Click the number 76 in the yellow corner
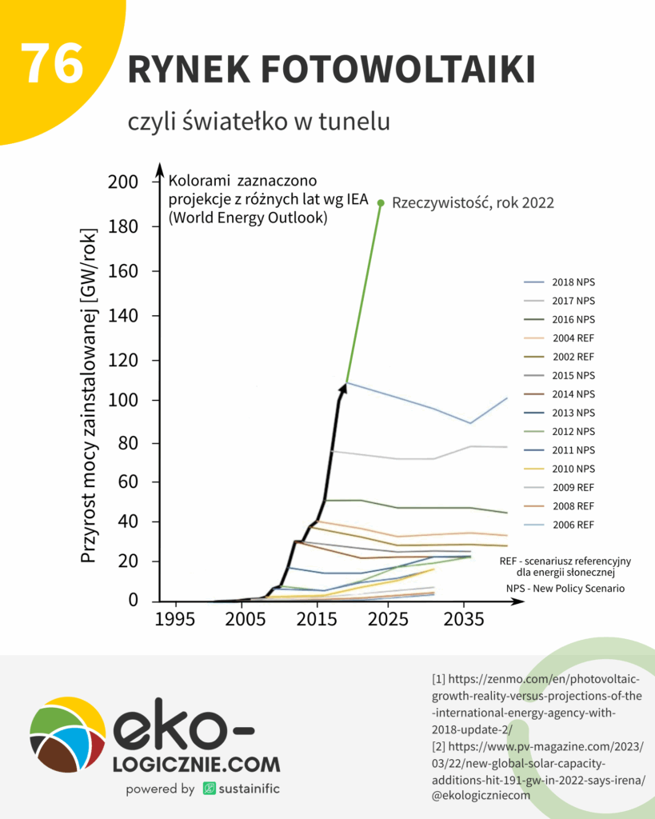[52, 64]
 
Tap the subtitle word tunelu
[352, 122]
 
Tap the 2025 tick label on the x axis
[392, 620]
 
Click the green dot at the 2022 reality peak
[381, 203]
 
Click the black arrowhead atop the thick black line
[343, 388]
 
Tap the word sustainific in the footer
[250, 789]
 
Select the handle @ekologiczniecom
[481, 796]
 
